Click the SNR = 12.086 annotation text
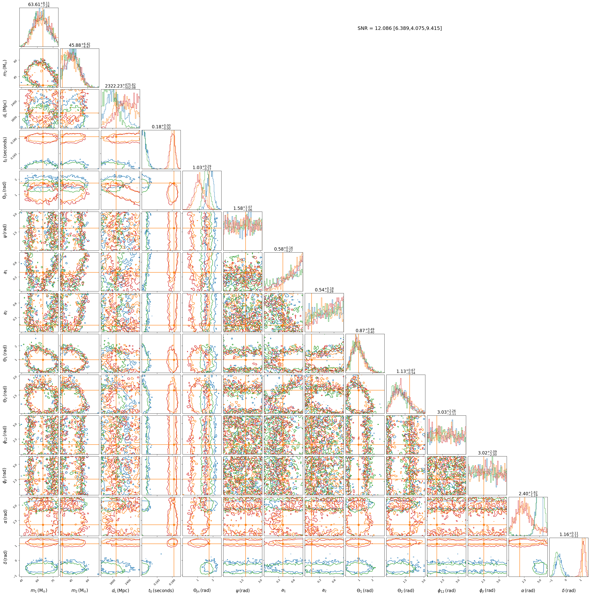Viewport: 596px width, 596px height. pyautogui.click(x=400, y=28)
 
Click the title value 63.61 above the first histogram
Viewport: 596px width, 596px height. pyautogui.click(x=39, y=5)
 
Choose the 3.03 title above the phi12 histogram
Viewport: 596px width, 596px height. pyautogui.click(x=446, y=413)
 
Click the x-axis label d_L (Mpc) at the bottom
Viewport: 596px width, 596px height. pyautogui.click(x=120, y=590)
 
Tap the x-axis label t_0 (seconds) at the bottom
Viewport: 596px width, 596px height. pyautogui.click(x=161, y=590)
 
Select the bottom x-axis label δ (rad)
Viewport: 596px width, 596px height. pyautogui.click(x=569, y=590)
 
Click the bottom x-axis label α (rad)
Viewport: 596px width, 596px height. pyautogui.click(x=528, y=590)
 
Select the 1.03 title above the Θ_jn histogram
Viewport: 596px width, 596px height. pyautogui.click(x=202, y=168)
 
